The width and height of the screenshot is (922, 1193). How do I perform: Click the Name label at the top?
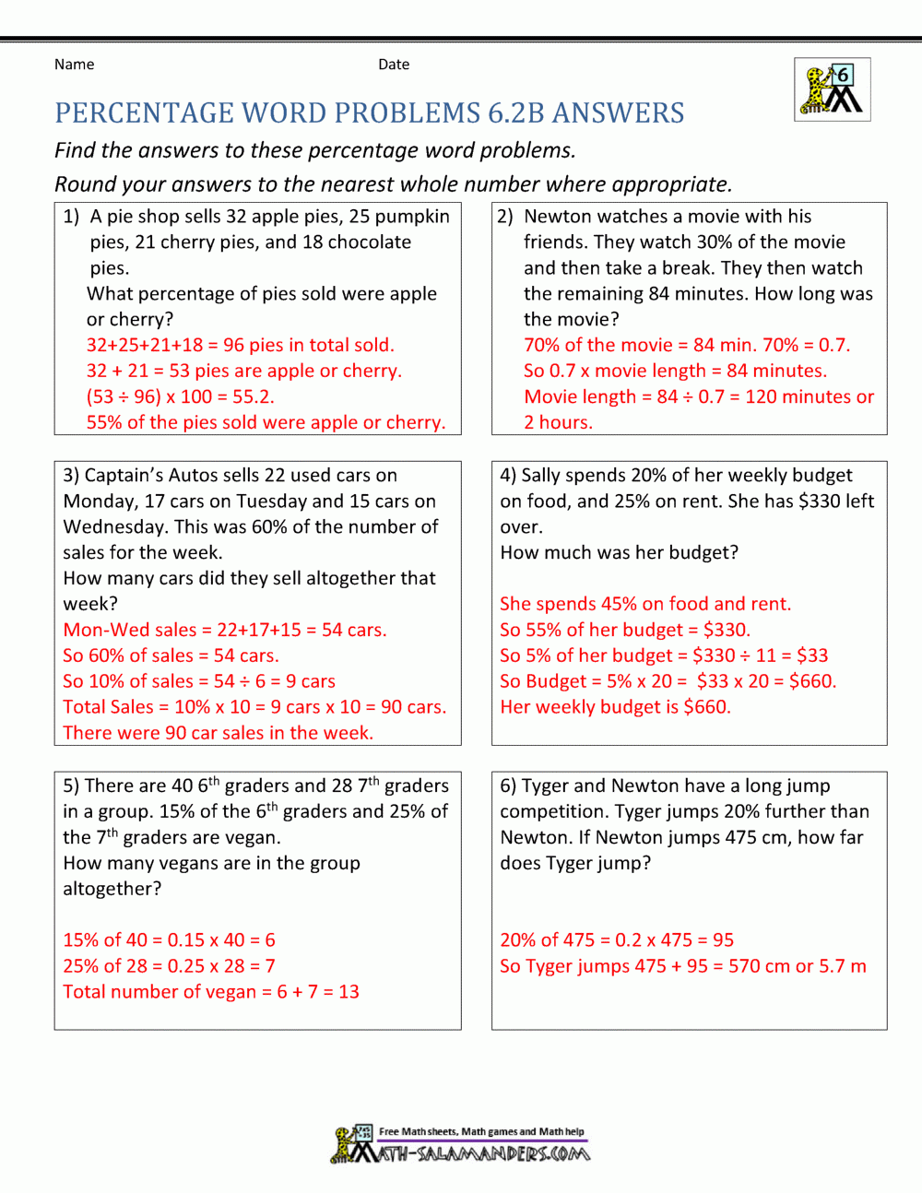74,65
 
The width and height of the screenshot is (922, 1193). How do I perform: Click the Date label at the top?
394,65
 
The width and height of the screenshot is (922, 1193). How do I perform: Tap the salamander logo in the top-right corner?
833,89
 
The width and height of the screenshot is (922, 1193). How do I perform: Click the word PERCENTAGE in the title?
144,113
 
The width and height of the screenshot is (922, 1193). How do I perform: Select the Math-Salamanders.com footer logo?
461,1144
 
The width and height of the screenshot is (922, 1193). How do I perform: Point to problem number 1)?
71,217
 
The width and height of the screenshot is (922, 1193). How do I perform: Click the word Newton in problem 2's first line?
558,217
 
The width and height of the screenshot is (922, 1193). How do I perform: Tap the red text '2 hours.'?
558,423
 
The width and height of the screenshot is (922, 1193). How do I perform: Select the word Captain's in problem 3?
119,476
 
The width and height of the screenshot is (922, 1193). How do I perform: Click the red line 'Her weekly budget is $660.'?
615,707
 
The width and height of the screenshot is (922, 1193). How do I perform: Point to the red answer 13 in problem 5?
349,992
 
